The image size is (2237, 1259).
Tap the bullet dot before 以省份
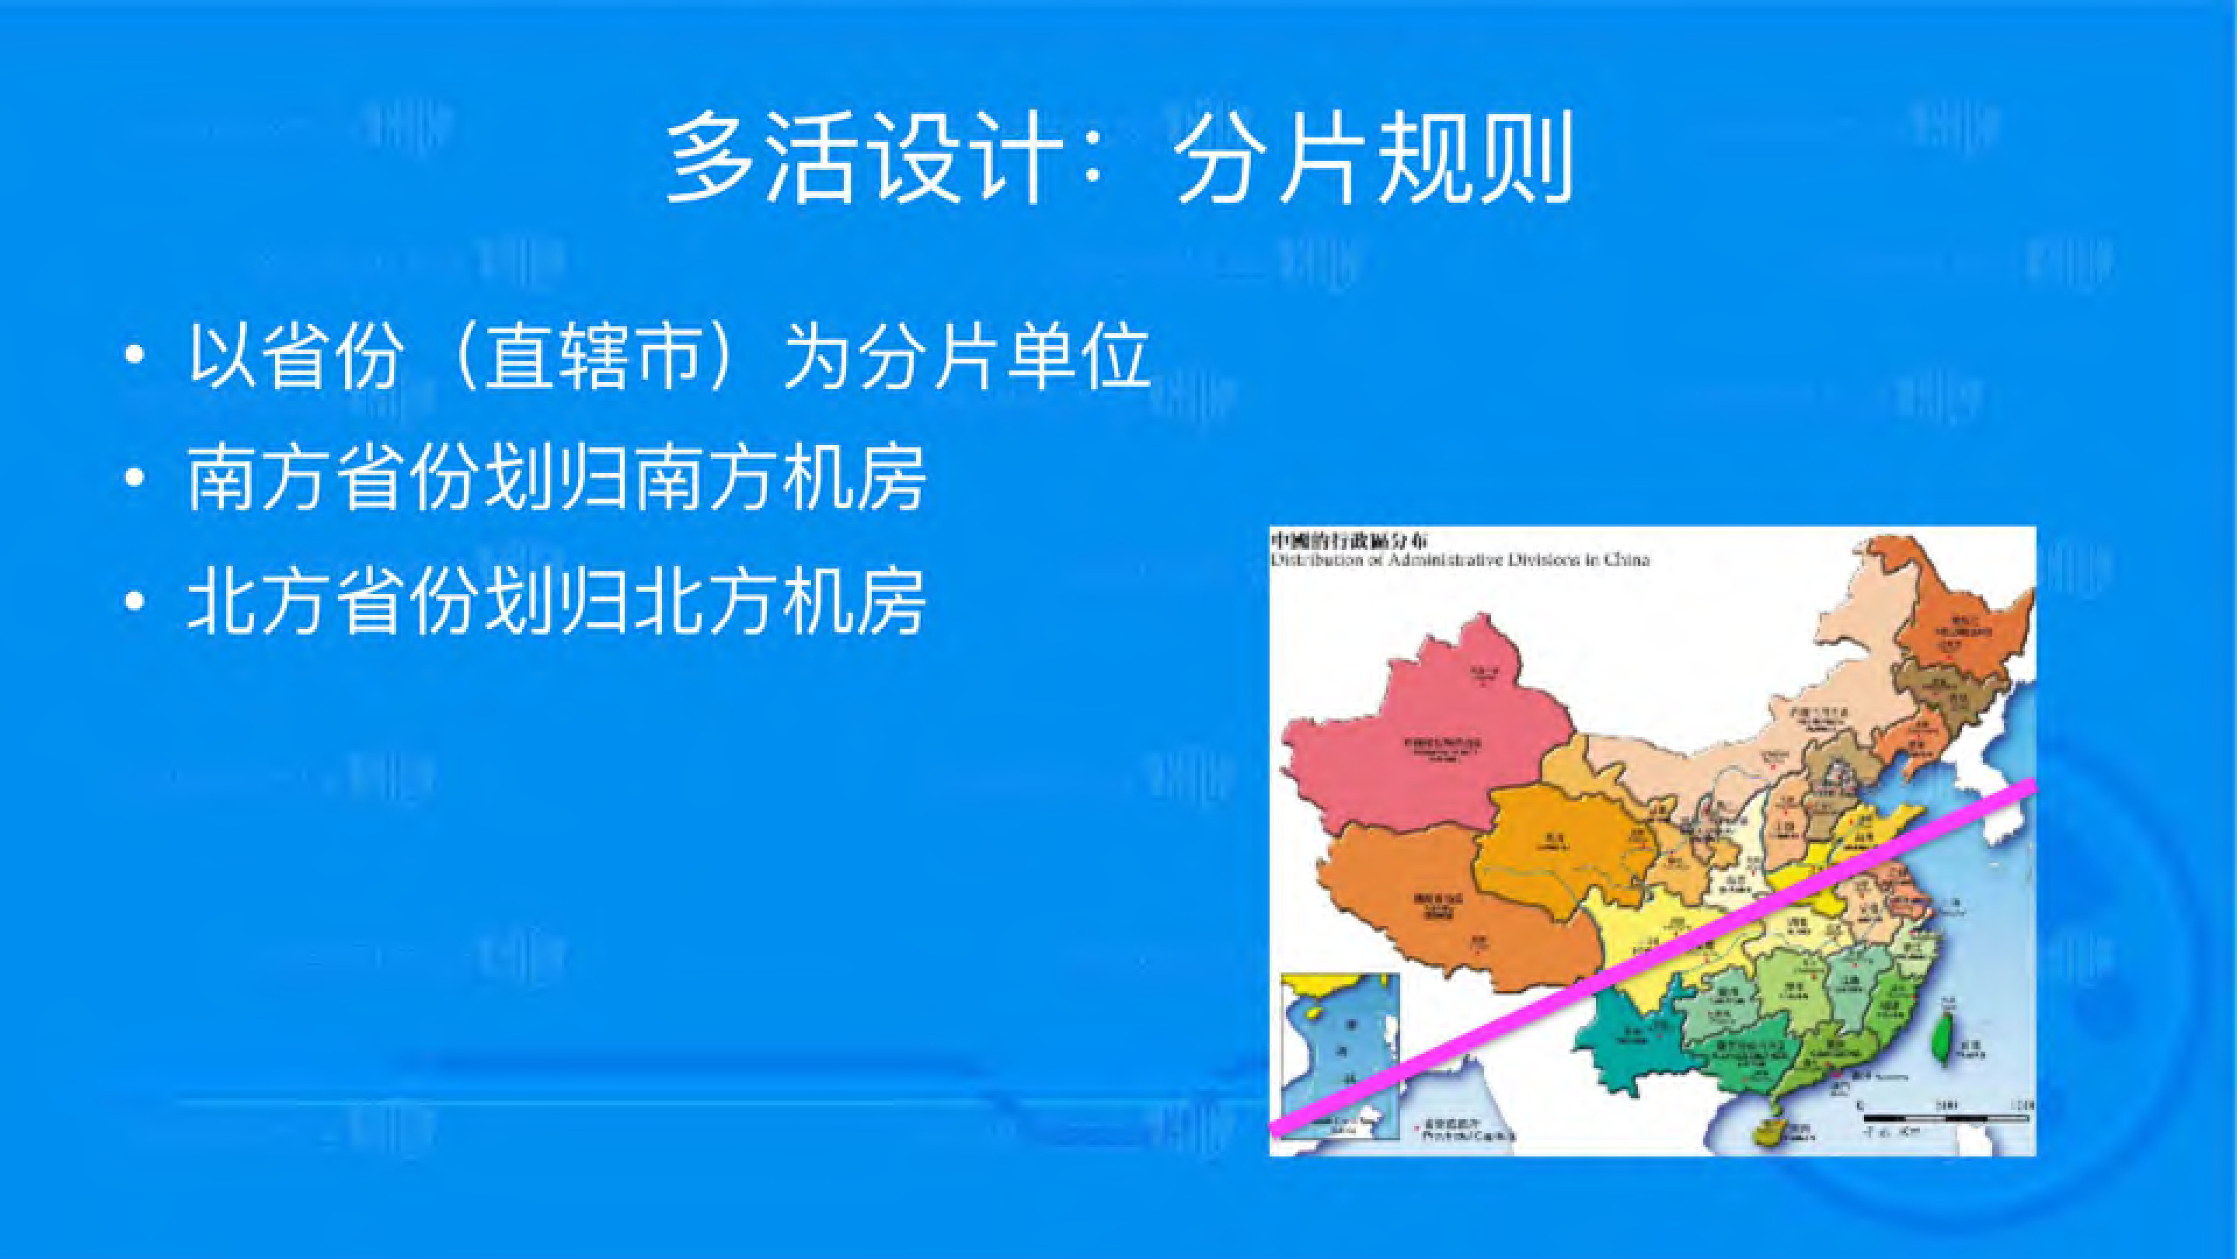tap(133, 356)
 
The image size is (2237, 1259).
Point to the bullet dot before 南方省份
tap(133, 478)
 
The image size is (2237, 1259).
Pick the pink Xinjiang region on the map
tap(1424, 746)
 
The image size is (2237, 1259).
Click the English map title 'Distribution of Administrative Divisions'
tap(1459, 560)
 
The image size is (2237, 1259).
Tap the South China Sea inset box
tap(1342, 1055)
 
